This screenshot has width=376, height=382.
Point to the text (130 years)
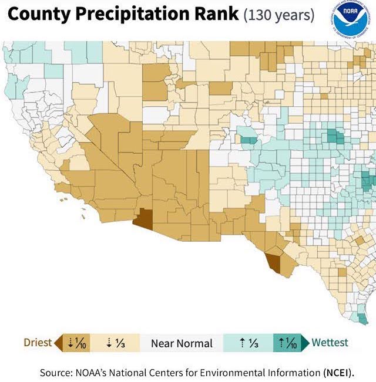(x=278, y=15)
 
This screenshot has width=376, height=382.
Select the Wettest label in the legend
(x=330, y=343)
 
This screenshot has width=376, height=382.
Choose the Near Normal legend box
(x=182, y=343)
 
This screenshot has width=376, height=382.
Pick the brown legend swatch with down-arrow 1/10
(x=78, y=343)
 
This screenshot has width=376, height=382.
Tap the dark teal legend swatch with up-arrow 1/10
(x=288, y=343)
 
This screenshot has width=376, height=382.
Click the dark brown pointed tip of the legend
(x=57, y=343)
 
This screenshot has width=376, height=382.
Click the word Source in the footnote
(x=57, y=373)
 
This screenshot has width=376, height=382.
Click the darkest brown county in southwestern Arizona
(x=143, y=219)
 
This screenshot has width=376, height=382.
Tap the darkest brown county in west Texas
(x=273, y=261)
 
